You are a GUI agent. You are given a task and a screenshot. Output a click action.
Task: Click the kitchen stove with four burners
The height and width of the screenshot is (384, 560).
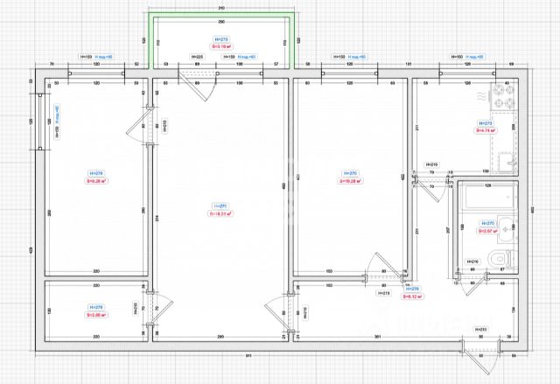click(506, 91)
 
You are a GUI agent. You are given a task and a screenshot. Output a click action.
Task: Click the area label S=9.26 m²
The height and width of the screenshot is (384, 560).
click(95, 183)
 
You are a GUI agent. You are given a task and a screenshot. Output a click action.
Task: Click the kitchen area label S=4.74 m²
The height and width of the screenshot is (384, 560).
click(486, 130)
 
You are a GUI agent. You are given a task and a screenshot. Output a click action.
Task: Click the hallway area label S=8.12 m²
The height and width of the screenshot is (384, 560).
click(412, 296)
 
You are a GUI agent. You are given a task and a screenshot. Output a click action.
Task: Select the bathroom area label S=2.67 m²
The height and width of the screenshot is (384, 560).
click(486, 232)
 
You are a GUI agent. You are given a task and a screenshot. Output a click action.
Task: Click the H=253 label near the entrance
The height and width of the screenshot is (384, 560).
click(480, 329)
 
